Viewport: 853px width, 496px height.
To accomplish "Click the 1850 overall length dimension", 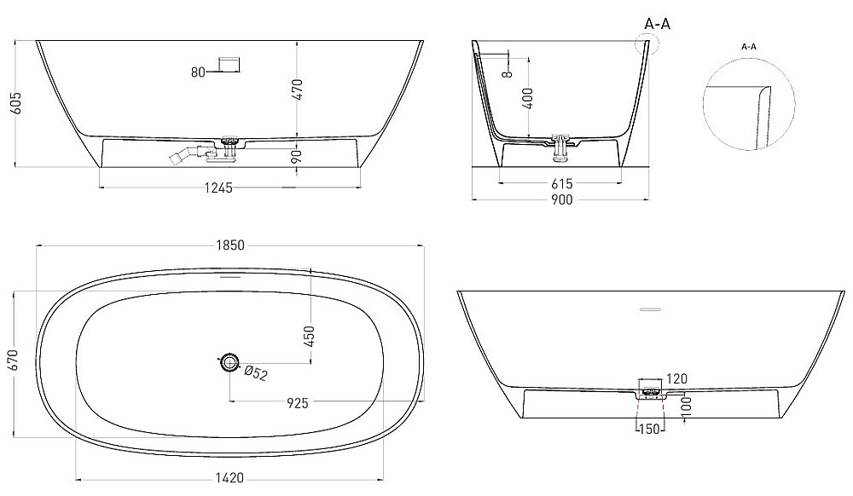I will [x=229, y=245].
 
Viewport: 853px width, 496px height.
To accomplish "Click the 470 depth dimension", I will [x=298, y=88].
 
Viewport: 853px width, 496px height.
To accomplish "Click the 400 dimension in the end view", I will [x=530, y=101].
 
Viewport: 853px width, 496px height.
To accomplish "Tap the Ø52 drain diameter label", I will [x=256, y=372].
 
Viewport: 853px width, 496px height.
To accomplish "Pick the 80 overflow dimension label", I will [x=198, y=72].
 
